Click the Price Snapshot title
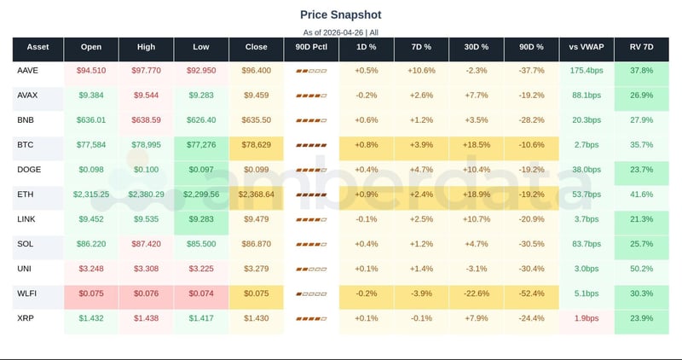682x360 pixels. click(341, 15)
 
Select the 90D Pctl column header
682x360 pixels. click(311, 47)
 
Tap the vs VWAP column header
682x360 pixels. click(586, 47)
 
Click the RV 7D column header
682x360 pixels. click(641, 47)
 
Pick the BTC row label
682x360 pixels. click(26, 145)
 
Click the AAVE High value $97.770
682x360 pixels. click(147, 71)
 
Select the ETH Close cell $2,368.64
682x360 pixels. click(257, 195)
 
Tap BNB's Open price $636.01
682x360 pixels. click(91, 120)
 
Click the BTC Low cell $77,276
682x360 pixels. click(201, 145)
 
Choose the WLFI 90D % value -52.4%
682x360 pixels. click(531, 293)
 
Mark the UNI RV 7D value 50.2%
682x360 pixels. click(641, 269)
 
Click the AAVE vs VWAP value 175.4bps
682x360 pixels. click(586, 71)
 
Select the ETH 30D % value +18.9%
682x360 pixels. click(476, 195)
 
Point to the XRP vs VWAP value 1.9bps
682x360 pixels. click(586, 318)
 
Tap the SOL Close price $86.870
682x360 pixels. click(257, 244)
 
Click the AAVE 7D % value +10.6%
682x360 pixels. click(421, 71)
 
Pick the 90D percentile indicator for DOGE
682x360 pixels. click(311, 170)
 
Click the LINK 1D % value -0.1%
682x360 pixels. click(366, 219)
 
